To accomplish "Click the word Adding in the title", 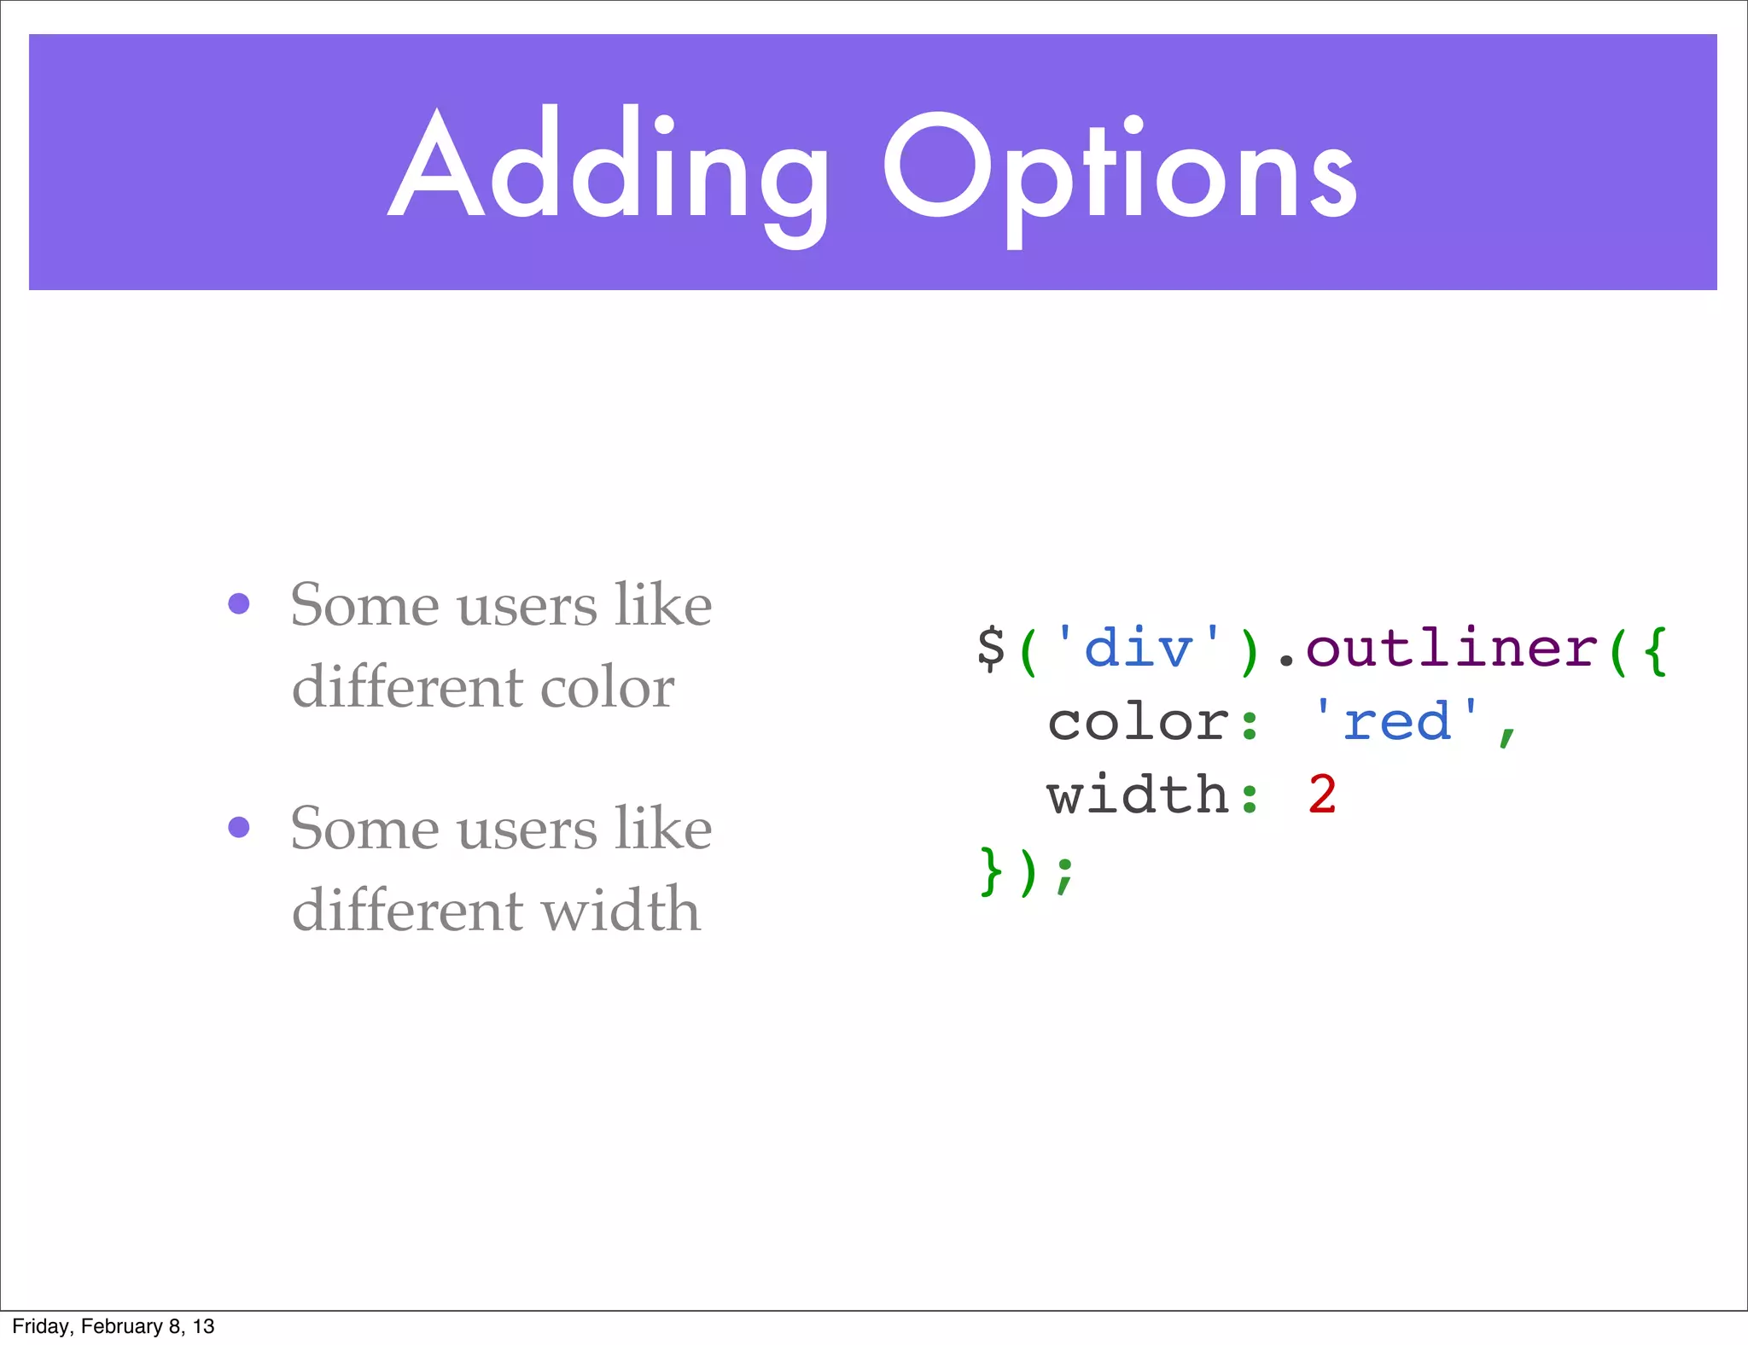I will [608, 166].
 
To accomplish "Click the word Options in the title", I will [1120, 171].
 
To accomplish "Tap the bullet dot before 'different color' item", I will [239, 604].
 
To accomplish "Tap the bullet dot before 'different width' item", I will [239, 827].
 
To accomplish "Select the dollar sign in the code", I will [991, 649].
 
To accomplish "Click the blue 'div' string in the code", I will [1138, 649].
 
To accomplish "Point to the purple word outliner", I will [1451, 649].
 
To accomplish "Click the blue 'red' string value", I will [1396, 722].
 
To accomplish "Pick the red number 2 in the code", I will [1322, 795].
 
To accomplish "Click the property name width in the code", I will [1138, 795].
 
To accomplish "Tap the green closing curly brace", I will [991, 871].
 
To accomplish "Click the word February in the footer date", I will [122, 1326].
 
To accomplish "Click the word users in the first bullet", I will [527, 606].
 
